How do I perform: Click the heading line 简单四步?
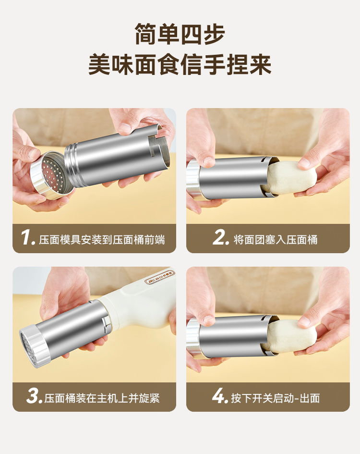pos(180,34)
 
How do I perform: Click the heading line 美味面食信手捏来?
pos(180,64)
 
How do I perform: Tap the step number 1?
pos(28,238)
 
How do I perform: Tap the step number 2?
pos(220,237)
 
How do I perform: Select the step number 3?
pos(35,396)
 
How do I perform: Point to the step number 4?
pos(220,396)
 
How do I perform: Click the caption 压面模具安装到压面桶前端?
pos(102,240)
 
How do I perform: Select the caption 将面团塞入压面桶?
pos(276,240)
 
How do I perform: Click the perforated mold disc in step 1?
pos(52,175)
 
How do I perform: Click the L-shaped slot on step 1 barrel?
pos(156,147)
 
